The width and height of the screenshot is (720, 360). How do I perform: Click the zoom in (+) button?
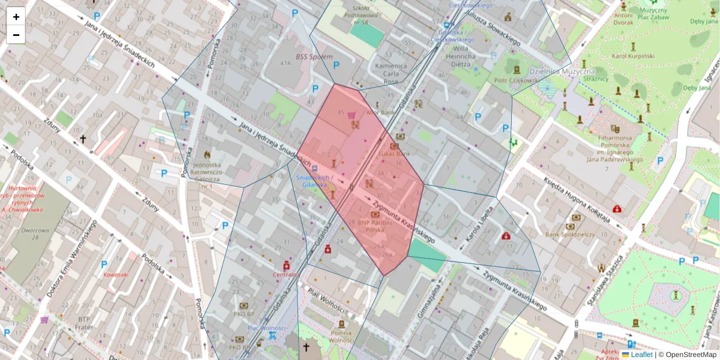coord(16,16)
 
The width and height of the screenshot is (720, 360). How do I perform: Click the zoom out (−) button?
coord(16,35)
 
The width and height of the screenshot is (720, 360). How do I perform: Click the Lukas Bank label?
coord(394,154)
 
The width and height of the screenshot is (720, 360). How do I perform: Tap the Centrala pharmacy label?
coord(286,275)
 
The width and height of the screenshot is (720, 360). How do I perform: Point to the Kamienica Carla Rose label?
coord(391,73)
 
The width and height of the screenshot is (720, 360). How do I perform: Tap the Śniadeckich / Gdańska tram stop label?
coord(314,181)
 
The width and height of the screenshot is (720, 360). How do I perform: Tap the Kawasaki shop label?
coord(116,275)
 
